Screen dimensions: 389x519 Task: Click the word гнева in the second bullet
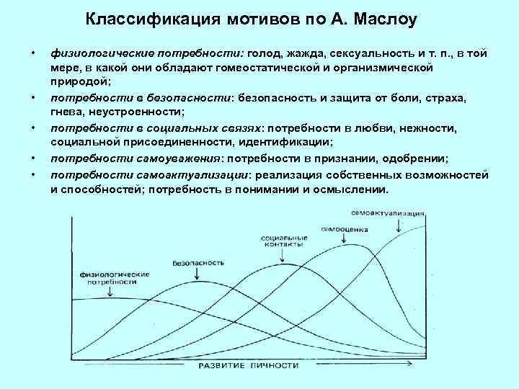click(x=66, y=112)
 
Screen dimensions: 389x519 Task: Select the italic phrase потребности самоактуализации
click(x=149, y=175)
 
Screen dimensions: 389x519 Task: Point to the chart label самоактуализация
click(x=388, y=214)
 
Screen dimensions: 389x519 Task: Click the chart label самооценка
click(x=345, y=230)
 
